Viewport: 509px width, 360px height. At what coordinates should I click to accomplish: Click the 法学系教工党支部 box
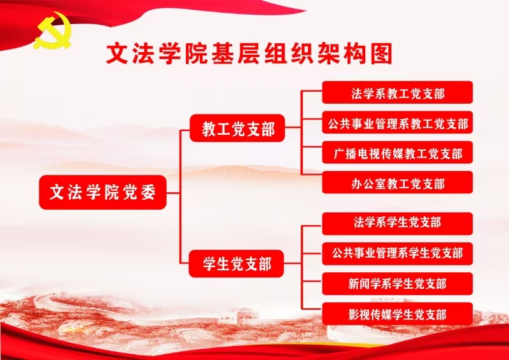[x=398, y=93]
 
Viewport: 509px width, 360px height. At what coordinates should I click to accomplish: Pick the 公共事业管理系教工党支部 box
[x=398, y=123]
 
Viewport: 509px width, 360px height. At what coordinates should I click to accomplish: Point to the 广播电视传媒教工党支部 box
[x=398, y=153]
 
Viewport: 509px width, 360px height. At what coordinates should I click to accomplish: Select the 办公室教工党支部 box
[x=398, y=183]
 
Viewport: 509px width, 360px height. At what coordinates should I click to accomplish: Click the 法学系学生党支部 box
[x=398, y=223]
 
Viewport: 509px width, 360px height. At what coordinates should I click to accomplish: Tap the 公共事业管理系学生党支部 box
[x=398, y=253]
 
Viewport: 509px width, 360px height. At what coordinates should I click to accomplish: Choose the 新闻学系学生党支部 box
[x=398, y=284]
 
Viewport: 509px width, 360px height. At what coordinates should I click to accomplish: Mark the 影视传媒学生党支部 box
[x=398, y=314]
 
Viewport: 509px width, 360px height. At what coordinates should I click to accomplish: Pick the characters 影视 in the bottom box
[x=359, y=314]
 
